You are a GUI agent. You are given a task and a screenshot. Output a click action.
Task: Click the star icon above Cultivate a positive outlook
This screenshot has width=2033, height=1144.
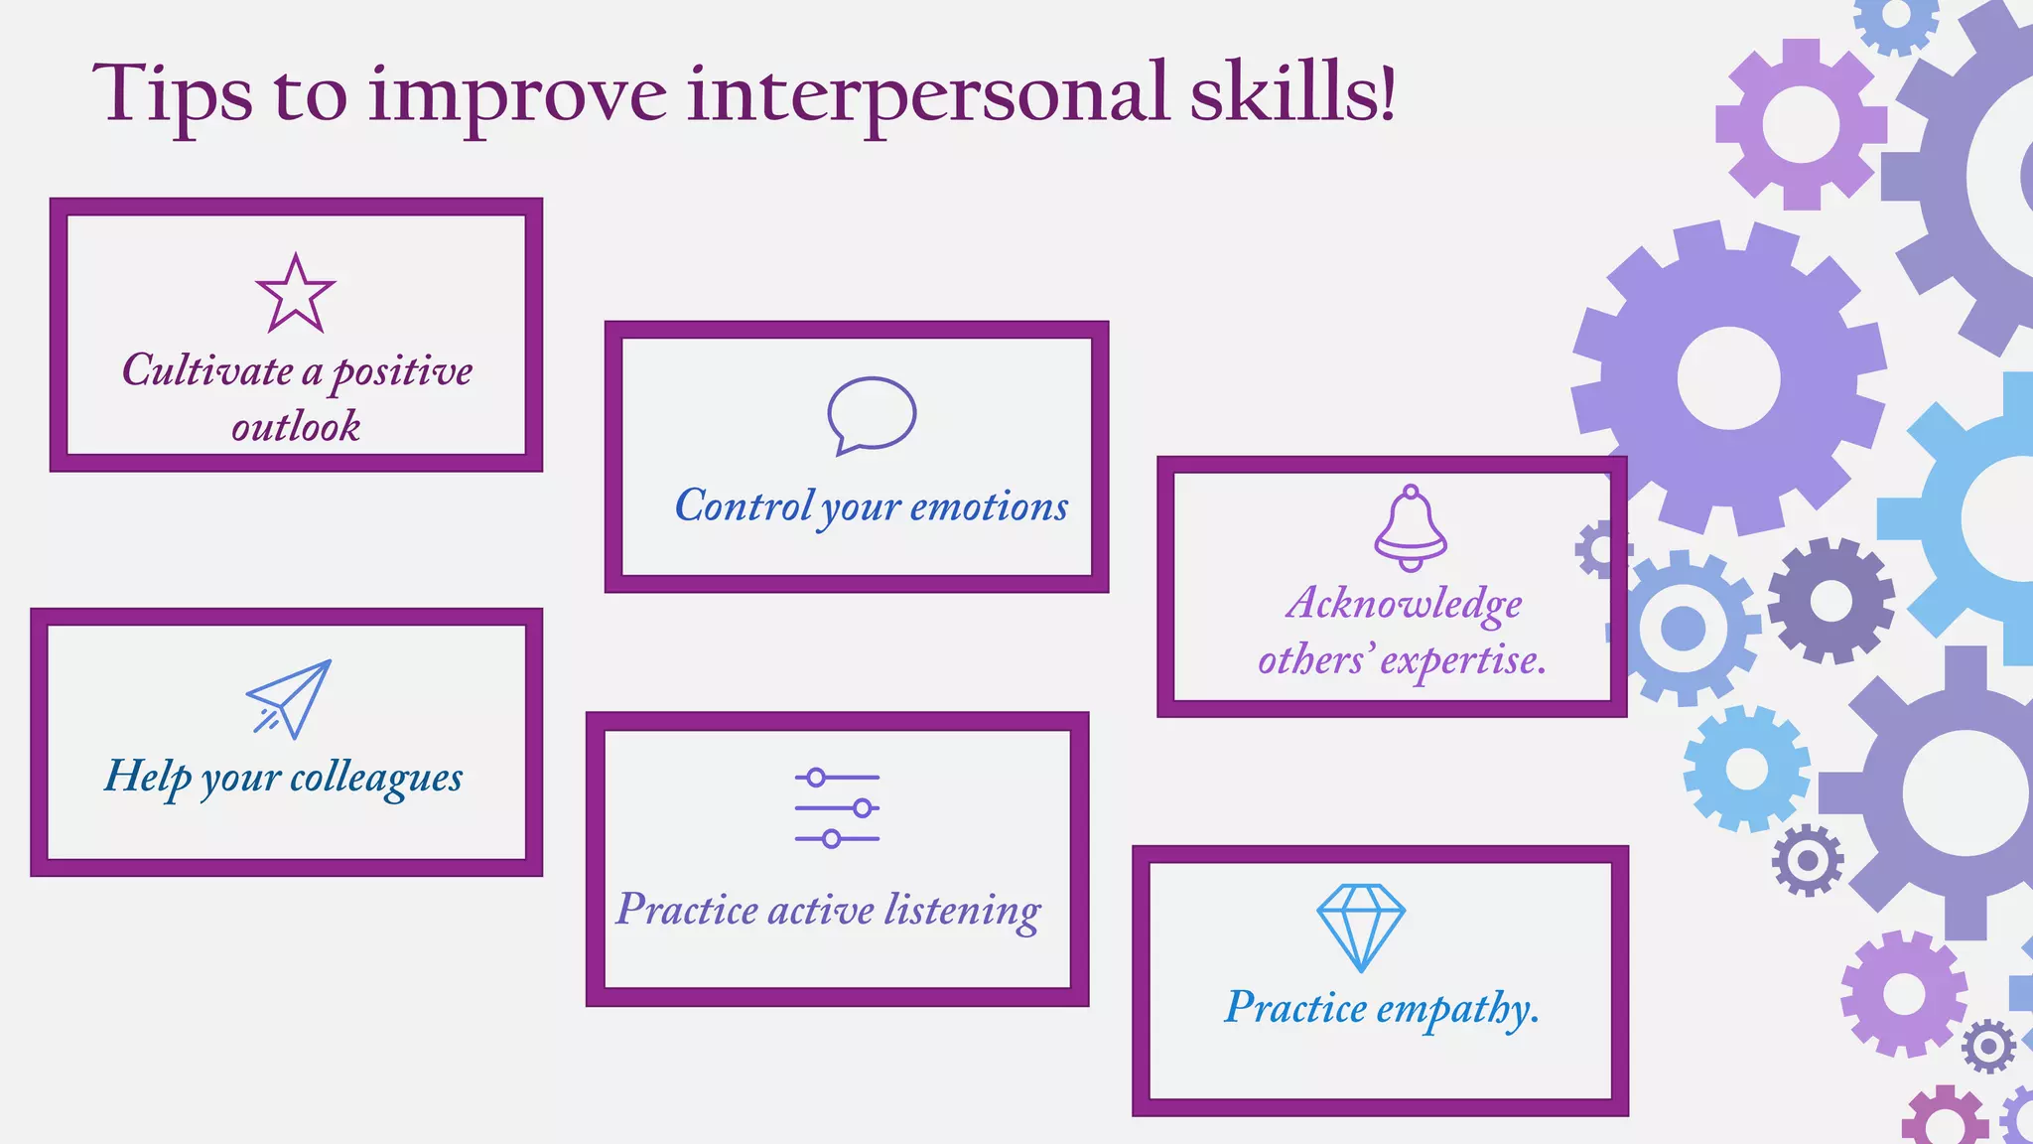pos(295,294)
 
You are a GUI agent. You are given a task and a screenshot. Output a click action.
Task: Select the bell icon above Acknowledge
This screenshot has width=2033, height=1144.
pos(1410,528)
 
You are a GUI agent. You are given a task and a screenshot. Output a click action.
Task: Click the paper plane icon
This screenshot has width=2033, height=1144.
pos(289,699)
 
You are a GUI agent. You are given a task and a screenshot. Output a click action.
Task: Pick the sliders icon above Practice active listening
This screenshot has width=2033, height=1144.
pos(837,808)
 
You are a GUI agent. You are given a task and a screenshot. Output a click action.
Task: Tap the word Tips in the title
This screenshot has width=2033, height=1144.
pos(173,95)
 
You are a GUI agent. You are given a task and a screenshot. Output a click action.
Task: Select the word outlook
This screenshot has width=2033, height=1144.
pos(296,427)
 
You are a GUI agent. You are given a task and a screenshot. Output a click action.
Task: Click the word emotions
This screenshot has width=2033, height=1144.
pos(989,506)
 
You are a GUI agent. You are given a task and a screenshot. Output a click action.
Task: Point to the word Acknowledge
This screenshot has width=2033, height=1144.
pos(1404,604)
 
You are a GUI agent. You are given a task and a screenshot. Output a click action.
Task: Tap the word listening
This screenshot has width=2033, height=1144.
pos(962,911)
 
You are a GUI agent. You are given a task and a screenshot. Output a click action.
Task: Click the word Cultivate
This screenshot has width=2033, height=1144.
pos(207,370)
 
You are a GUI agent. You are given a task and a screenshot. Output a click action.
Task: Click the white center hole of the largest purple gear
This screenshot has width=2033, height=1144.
pos(1728,378)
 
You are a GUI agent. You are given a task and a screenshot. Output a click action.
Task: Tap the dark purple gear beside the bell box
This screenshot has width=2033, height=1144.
pos(1830,601)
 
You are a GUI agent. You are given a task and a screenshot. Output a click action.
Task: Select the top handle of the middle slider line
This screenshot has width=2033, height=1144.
pos(863,808)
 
